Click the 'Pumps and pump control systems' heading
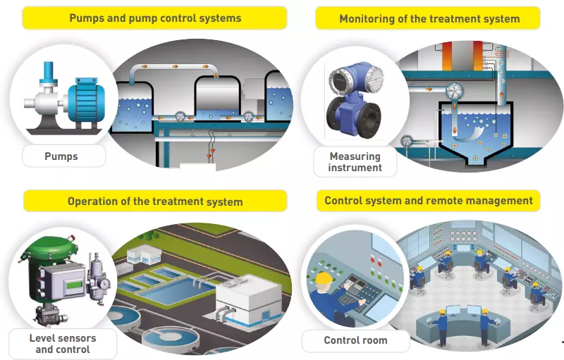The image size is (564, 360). tap(155, 18)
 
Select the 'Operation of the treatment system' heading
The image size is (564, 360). tap(155, 201)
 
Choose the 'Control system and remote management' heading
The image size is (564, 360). tap(429, 201)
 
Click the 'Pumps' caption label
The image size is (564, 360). tap(64, 156)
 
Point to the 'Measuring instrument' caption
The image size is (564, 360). tap(355, 162)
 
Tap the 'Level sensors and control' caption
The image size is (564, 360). tap(63, 344)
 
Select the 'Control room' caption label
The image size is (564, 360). tap(355, 340)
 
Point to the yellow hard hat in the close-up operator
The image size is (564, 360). tap(324, 280)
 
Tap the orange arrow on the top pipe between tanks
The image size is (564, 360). tap(170, 66)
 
